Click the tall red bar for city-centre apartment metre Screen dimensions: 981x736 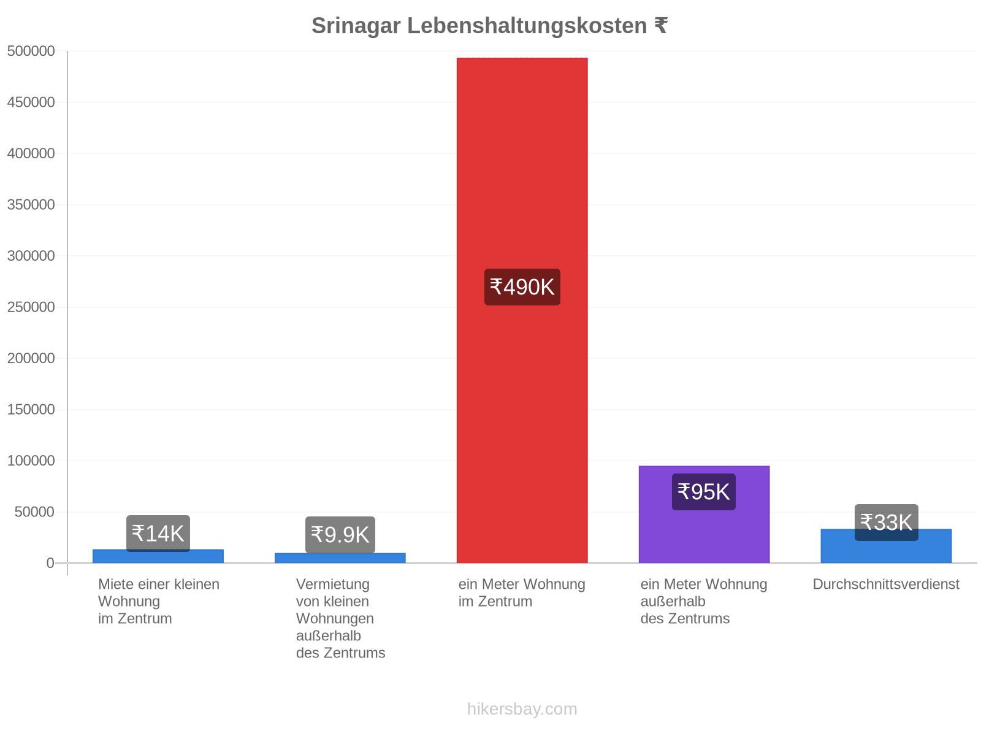[522, 310]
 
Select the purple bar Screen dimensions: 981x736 [704, 515]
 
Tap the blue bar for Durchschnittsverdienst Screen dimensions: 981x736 [886, 546]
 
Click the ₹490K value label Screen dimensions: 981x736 [522, 287]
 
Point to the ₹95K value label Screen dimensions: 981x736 [703, 491]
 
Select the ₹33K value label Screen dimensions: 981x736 [886, 523]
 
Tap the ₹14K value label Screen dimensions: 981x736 [158, 533]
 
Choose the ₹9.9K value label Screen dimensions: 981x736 [340, 534]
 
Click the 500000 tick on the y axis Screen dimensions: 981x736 [31, 51]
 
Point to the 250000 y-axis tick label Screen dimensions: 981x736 [31, 307]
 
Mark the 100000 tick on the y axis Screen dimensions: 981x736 [31, 460]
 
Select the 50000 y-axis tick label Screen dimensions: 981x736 [34, 512]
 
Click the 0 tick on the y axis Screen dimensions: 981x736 [50, 562]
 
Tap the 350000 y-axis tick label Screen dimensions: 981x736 [31, 205]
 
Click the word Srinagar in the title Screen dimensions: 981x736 [356, 26]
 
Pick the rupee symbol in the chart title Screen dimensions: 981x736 [661, 25]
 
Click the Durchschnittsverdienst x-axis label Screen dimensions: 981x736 [886, 584]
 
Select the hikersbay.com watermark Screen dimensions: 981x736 [522, 709]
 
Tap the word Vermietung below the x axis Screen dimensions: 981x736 [332, 585]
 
